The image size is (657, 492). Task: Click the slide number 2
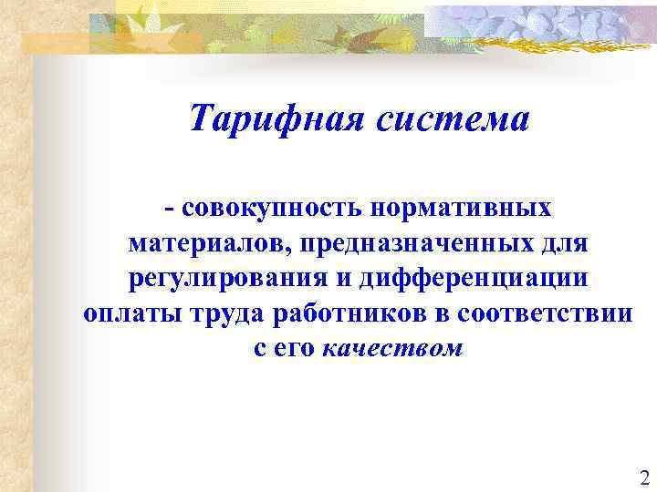click(644, 477)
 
